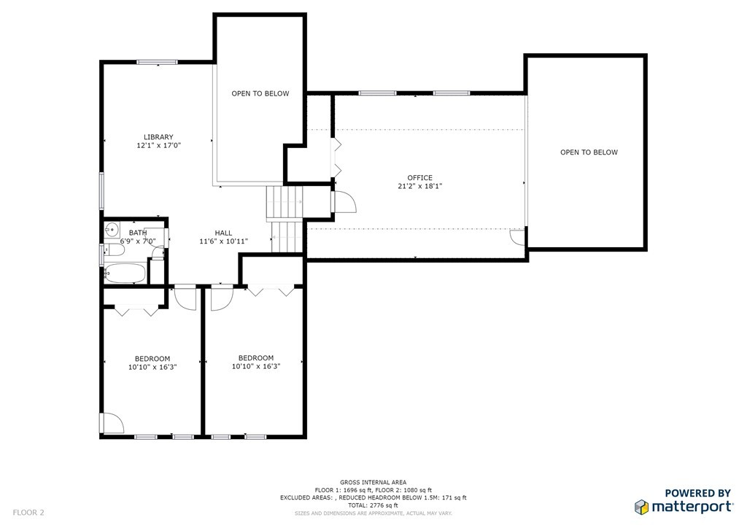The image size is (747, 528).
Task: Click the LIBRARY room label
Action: pyautogui.click(x=158, y=137)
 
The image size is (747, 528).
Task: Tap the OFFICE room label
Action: pyautogui.click(x=419, y=178)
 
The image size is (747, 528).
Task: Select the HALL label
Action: pyautogui.click(x=223, y=233)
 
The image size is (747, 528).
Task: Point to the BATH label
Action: pyautogui.click(x=138, y=233)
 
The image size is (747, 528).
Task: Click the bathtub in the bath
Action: pyautogui.click(x=125, y=273)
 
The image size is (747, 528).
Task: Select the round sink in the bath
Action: pyautogui.click(x=112, y=229)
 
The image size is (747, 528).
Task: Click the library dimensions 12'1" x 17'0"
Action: pyautogui.click(x=158, y=146)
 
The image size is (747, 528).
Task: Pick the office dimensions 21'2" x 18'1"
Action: pyautogui.click(x=419, y=186)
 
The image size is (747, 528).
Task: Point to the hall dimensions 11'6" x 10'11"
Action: pyautogui.click(x=223, y=241)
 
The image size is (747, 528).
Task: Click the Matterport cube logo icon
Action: pyautogui.click(x=642, y=507)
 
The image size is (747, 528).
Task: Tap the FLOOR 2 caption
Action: pyautogui.click(x=28, y=513)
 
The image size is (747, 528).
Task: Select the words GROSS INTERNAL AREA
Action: pyautogui.click(x=373, y=482)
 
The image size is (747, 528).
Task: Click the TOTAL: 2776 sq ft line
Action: pyautogui.click(x=373, y=505)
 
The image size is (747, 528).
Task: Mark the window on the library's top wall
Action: pyautogui.click(x=157, y=62)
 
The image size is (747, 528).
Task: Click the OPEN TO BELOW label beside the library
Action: pyautogui.click(x=260, y=94)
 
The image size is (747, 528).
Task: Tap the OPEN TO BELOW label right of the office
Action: pyautogui.click(x=589, y=152)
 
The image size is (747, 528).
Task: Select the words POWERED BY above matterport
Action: pyautogui.click(x=697, y=493)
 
